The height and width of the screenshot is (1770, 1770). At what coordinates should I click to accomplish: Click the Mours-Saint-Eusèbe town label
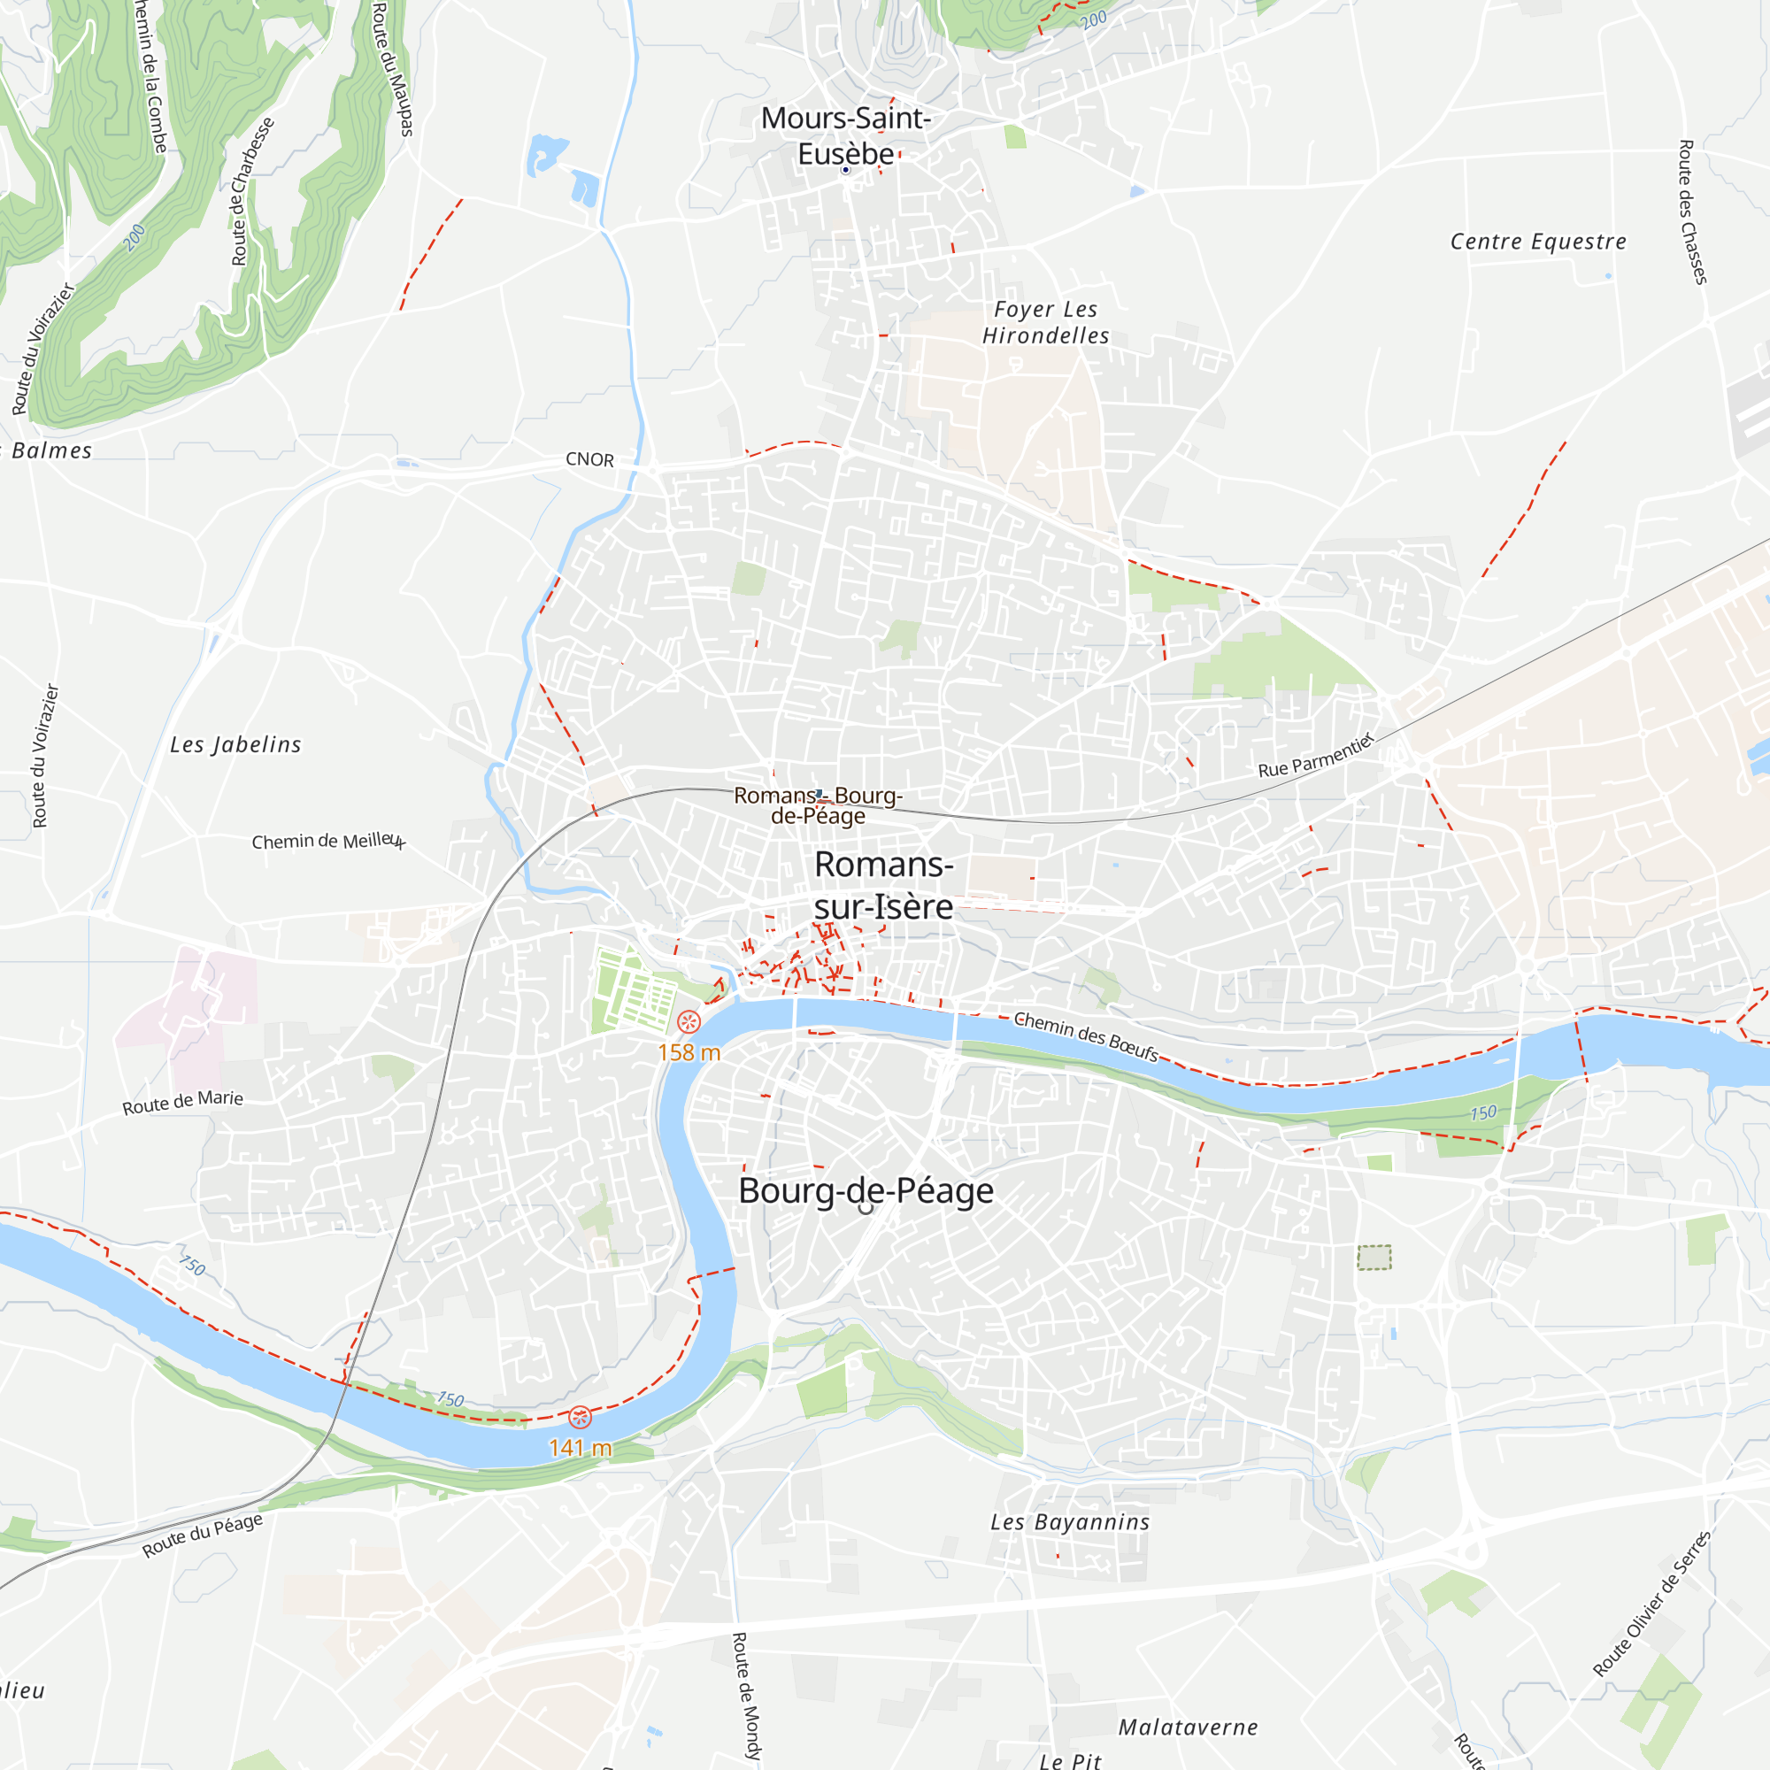[845, 135]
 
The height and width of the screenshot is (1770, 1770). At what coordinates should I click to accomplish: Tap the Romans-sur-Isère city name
[884, 886]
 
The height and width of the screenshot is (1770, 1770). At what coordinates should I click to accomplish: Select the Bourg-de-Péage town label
[866, 1191]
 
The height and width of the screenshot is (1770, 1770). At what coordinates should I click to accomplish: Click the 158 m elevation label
[689, 1052]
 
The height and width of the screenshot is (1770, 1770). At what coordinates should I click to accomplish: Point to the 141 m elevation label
[580, 1448]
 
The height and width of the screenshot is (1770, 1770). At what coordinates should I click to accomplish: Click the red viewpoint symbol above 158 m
[689, 1021]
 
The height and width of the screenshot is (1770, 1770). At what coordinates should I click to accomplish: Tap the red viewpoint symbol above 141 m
[580, 1417]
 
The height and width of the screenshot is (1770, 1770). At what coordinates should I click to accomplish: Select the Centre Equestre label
[1538, 242]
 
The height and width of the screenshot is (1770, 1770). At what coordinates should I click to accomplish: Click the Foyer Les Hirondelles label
[1045, 322]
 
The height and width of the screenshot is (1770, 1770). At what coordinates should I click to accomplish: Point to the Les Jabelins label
[235, 745]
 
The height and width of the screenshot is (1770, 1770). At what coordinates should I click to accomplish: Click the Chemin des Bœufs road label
[1086, 1036]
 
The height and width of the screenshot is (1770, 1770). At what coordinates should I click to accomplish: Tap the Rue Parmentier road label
[1317, 756]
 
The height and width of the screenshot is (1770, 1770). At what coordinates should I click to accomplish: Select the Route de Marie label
[183, 1102]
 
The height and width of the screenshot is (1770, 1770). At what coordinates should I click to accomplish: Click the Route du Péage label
[203, 1535]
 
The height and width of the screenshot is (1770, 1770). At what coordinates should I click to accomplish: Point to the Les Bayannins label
[1069, 1522]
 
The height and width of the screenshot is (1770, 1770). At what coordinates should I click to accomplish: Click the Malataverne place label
[1189, 1728]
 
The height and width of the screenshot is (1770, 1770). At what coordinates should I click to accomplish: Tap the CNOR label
[590, 460]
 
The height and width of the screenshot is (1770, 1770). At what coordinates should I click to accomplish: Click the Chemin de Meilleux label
[328, 841]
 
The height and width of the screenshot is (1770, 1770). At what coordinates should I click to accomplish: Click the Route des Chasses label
[1692, 212]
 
